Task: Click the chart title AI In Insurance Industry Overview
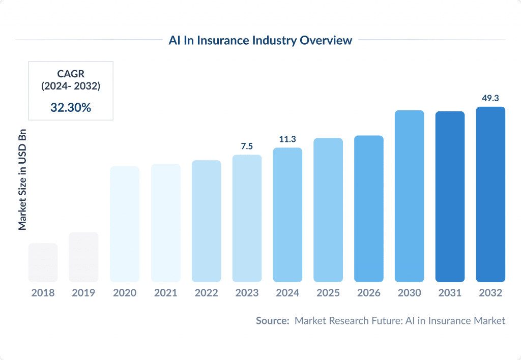(x=260, y=40)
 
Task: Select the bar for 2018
(x=43, y=262)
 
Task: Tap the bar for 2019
(x=83, y=257)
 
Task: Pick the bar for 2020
(x=125, y=224)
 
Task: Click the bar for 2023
(x=247, y=218)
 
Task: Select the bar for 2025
(x=328, y=209)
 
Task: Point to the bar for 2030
(x=409, y=196)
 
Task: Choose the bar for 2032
(x=490, y=194)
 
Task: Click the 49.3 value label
(x=490, y=98)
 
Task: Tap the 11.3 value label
(x=287, y=139)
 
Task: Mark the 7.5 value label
(x=247, y=146)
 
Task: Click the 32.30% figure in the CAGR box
(x=71, y=107)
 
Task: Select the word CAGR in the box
(x=71, y=75)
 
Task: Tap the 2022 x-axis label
(x=206, y=293)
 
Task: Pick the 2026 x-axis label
(x=369, y=293)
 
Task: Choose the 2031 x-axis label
(x=450, y=293)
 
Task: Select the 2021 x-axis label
(x=165, y=293)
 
